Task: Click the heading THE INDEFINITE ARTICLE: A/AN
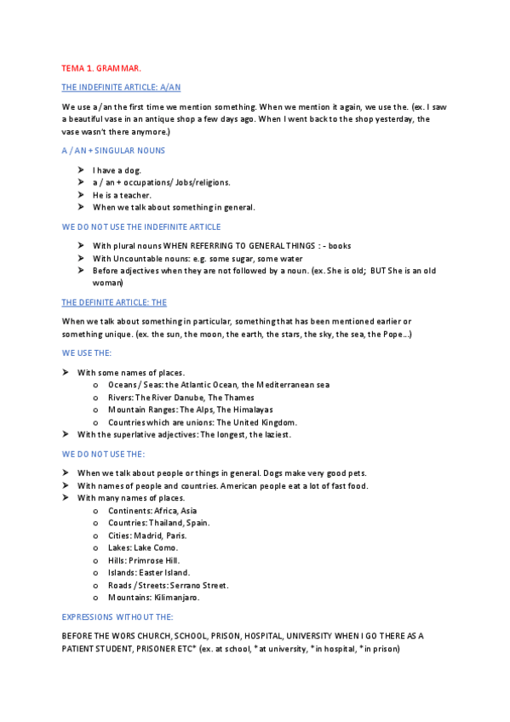click(121, 87)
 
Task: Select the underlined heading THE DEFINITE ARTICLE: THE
click(114, 302)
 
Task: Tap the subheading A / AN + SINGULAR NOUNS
click(113, 150)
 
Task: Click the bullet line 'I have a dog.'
click(117, 170)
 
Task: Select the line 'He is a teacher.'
click(122, 195)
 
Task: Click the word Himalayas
click(249, 410)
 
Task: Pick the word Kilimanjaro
click(176, 598)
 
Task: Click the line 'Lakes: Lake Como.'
click(143, 547)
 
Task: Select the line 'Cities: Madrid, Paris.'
click(146, 536)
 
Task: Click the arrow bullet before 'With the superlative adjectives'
click(66, 434)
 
